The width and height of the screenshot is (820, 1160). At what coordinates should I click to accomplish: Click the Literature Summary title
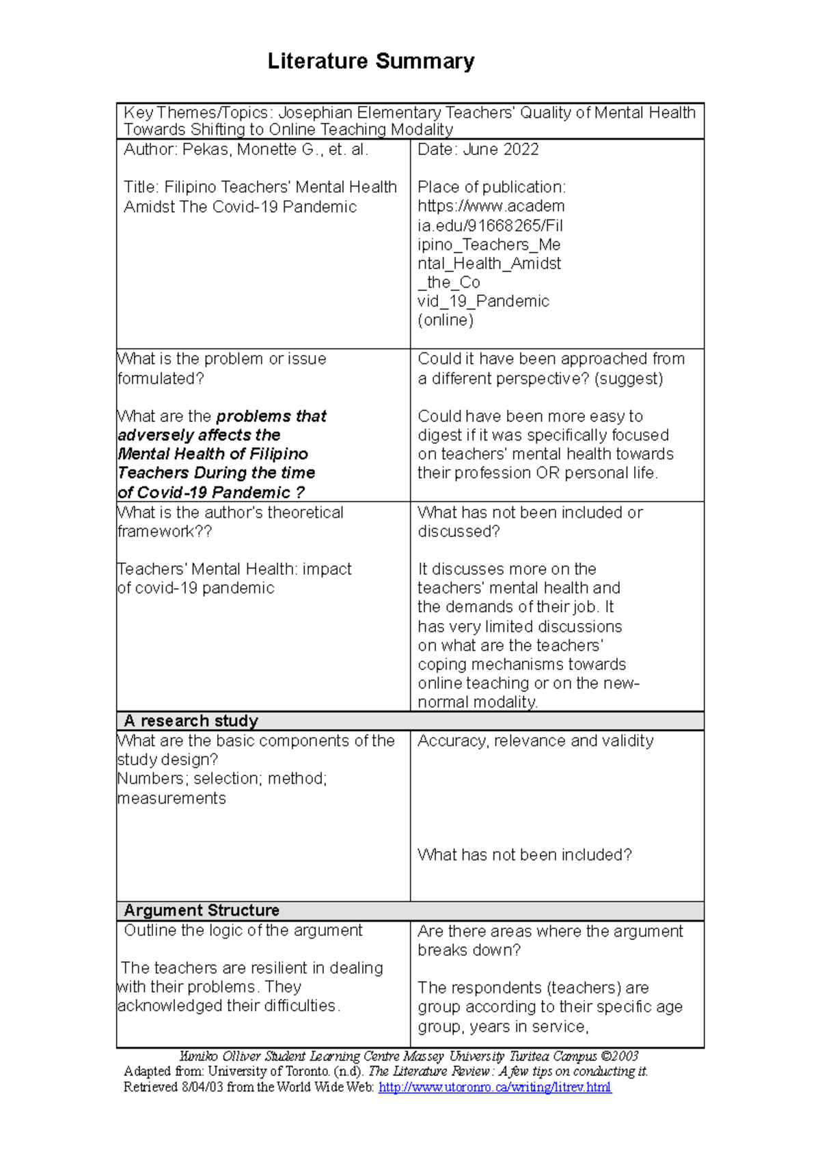[370, 61]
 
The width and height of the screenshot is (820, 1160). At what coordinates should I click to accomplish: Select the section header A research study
[191, 721]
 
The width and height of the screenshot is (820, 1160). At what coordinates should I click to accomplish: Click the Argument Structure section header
[201, 910]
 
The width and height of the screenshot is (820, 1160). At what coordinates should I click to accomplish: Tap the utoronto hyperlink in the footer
[495, 1087]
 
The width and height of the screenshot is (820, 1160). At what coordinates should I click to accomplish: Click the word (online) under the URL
[446, 320]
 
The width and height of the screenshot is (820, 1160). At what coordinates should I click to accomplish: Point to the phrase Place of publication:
[491, 187]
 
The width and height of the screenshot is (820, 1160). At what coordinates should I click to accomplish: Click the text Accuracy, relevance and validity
[535, 741]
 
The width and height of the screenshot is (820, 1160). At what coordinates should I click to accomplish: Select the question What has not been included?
[524, 855]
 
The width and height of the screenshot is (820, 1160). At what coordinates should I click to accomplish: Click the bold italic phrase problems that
[271, 416]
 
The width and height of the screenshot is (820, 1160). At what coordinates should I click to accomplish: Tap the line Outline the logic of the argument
[243, 930]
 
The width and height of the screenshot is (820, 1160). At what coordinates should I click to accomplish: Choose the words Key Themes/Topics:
[198, 113]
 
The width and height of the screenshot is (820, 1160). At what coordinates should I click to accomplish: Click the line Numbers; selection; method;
[222, 779]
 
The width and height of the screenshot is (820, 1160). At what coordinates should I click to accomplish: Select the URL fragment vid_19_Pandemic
[483, 301]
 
